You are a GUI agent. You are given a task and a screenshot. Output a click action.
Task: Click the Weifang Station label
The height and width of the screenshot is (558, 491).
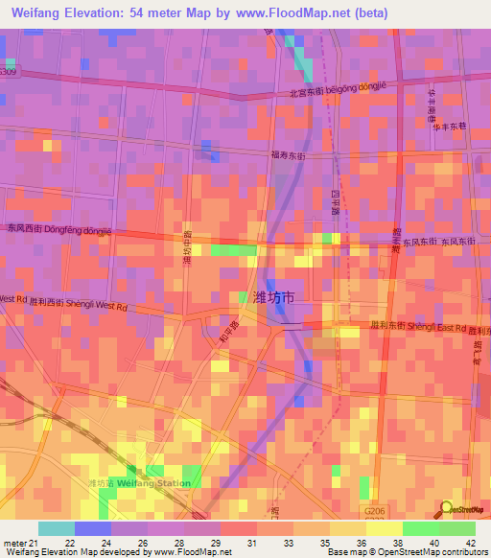pos(153,482)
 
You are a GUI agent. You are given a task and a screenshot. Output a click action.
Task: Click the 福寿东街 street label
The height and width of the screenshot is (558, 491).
pos(288,153)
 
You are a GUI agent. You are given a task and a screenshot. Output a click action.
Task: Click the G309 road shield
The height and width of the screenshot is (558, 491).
pos(8,72)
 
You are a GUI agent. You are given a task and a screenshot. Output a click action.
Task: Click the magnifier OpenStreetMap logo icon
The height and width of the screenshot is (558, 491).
pos(447,508)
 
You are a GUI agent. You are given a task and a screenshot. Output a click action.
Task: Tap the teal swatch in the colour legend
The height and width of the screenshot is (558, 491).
pos(57,528)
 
